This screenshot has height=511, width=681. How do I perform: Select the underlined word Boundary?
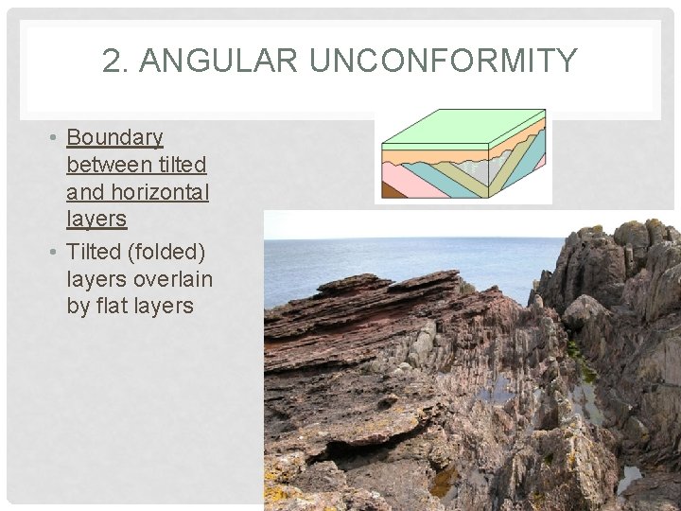click(x=114, y=138)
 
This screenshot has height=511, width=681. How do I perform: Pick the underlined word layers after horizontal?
click(x=96, y=220)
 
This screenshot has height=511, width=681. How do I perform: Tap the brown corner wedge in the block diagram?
click(x=393, y=189)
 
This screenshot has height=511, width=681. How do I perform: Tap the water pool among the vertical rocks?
click(x=492, y=389)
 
